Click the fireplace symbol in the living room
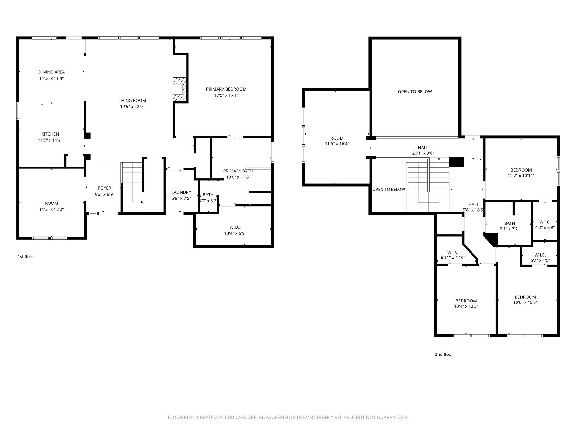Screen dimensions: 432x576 point(179,89)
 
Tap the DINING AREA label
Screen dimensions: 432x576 point(51,72)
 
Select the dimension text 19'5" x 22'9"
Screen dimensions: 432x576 point(132,107)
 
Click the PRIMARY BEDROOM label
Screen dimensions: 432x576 point(226,89)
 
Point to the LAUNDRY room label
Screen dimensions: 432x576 point(181,192)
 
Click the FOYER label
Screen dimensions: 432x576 point(104,188)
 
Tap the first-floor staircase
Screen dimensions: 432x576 point(132,180)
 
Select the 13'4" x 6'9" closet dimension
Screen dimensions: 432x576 point(235,233)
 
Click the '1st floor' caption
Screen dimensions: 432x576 point(26,256)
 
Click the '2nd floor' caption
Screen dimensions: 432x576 point(444,354)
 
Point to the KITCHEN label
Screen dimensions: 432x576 point(50,134)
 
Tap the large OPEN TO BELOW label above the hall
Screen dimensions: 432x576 point(415,92)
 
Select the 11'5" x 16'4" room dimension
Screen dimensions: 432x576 point(337,144)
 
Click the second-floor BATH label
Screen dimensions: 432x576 point(509,223)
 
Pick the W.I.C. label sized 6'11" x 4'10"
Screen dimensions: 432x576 point(453,252)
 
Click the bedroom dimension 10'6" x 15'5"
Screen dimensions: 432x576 point(525,303)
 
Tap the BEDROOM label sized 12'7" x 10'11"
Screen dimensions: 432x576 point(521,170)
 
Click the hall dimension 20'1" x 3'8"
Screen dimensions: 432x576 point(423,153)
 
